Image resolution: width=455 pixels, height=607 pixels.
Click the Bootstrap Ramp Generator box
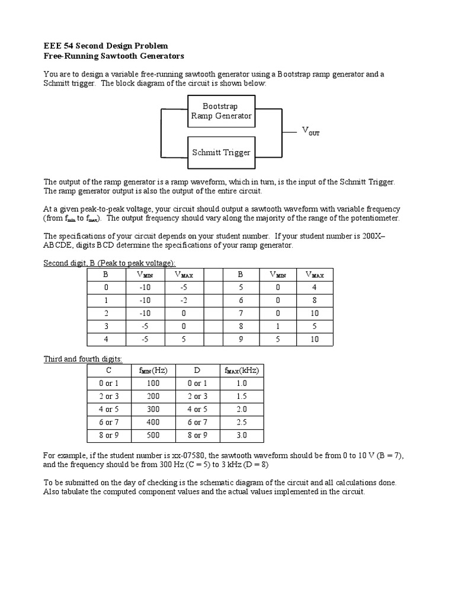[221, 111]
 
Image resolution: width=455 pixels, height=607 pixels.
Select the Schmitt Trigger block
[221, 152]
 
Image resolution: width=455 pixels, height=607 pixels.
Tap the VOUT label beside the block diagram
[310, 131]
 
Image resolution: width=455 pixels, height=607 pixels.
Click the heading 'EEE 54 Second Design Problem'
[106, 46]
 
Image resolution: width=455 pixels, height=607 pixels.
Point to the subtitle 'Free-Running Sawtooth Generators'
[114, 56]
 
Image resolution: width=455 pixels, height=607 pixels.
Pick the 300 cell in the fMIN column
[153, 409]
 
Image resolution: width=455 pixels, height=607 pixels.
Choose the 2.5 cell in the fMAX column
[241, 422]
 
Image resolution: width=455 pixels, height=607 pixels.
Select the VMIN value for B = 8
[277, 326]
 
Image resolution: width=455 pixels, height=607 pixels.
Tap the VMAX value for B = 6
[314, 301]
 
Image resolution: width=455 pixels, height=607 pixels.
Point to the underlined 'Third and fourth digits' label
[83, 359]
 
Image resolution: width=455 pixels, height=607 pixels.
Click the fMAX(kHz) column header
[242, 370]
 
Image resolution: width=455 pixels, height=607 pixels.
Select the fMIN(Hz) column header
[153, 370]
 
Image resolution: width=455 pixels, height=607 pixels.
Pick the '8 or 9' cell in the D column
[197, 435]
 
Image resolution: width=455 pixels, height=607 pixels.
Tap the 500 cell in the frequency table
[153, 435]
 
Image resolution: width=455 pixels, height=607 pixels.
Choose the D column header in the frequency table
[197, 370]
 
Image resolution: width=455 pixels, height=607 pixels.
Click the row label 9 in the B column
[241, 339]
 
